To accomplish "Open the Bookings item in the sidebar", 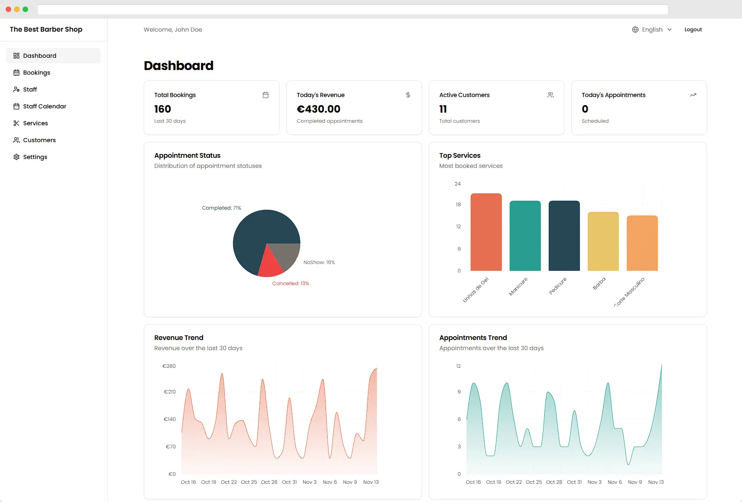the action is tap(37, 73).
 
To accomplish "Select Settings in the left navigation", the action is tap(35, 157).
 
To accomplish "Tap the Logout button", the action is tap(693, 30).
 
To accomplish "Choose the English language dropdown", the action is tap(652, 30).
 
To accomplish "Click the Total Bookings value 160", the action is tap(163, 109).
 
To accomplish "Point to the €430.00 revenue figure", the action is tap(319, 109).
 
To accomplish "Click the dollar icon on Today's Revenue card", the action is tap(408, 95).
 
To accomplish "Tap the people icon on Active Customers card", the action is tap(551, 95).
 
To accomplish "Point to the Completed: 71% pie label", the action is tap(221, 208).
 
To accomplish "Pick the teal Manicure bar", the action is tap(525, 236).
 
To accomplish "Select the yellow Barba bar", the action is tap(603, 241).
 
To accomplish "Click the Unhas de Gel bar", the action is tap(486, 232).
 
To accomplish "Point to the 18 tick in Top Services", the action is tap(458, 205).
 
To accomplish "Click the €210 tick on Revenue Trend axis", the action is tap(170, 392).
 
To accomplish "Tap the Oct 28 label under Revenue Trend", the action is tap(269, 482).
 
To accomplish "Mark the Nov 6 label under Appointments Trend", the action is tap(615, 482).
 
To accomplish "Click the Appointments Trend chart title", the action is tap(473, 337).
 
